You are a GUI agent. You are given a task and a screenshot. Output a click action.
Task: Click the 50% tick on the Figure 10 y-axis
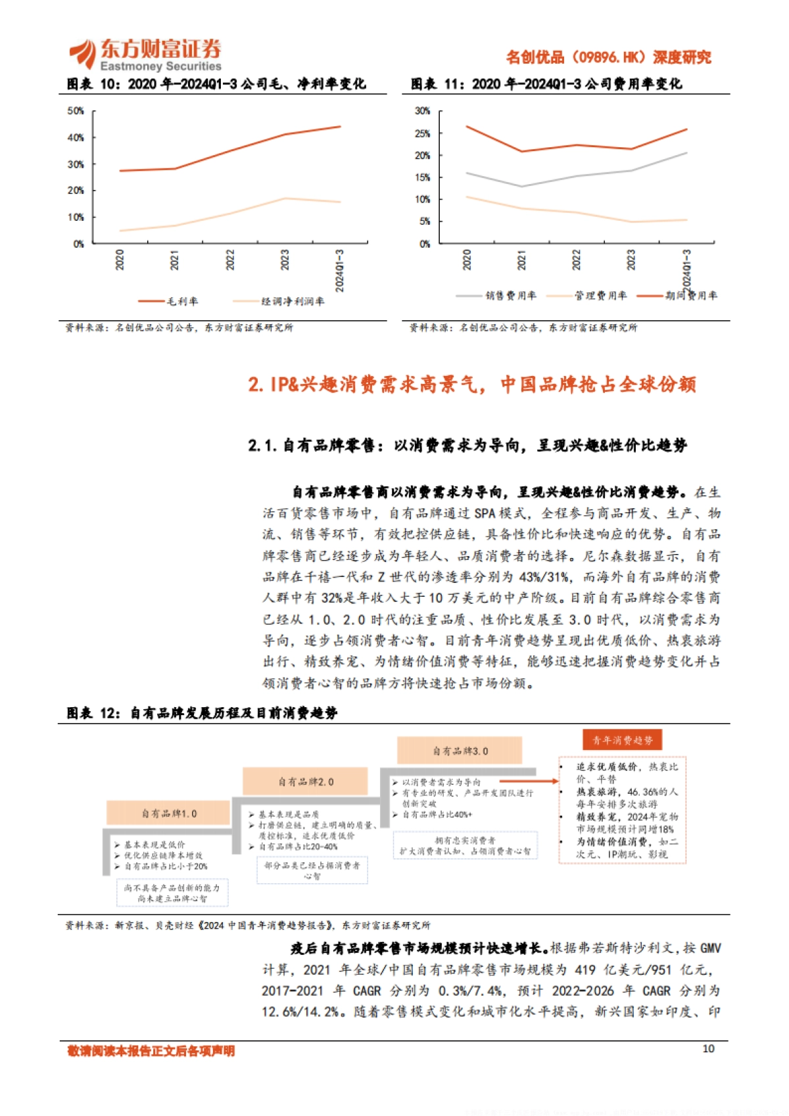pos(76,111)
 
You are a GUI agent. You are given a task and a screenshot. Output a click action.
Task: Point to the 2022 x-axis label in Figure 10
pos(230,260)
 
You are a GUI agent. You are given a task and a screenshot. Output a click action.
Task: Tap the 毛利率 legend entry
pos(168,301)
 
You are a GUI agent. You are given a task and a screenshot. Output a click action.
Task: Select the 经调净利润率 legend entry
pos(279,301)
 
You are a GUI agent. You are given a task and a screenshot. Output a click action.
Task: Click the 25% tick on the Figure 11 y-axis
pos(422,133)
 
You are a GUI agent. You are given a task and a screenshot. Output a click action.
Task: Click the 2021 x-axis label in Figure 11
pos(521,260)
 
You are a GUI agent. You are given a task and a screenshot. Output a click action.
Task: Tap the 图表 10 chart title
pos(216,84)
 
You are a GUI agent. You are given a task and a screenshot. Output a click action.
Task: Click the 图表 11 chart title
pos(546,84)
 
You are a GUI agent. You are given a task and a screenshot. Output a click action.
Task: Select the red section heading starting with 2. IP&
pos(471,384)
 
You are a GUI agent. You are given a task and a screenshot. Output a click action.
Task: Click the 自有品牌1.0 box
pos(169,814)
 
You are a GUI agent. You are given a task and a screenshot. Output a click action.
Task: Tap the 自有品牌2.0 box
pos(305,781)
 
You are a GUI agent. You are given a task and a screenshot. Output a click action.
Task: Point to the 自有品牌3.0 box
pos(460,751)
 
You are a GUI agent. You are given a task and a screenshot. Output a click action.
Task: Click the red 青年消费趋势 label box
pos(622,740)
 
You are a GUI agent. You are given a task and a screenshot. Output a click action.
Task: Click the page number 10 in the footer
pos(708,1048)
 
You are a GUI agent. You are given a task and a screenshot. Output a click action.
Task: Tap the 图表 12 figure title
pos(202,713)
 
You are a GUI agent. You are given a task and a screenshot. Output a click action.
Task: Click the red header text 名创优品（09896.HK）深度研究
pos(608,57)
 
